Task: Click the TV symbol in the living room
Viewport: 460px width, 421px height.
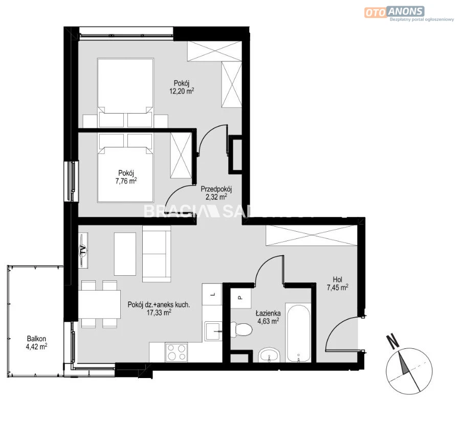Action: coord(83,250)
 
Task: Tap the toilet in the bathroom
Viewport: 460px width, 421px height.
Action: coord(242,329)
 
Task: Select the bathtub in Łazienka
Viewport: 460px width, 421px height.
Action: coord(298,334)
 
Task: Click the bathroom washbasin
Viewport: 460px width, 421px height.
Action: coord(269,355)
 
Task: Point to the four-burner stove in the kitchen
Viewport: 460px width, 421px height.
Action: coord(177,352)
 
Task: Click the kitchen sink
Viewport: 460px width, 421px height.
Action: coord(213,331)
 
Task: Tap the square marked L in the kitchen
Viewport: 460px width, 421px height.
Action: coord(212,295)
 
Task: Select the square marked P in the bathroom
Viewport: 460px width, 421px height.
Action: coord(240,298)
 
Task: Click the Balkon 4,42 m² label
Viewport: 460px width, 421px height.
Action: coord(36,343)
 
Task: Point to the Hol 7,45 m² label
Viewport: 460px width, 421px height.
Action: coord(337,283)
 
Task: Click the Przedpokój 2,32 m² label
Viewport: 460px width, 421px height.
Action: coord(216,193)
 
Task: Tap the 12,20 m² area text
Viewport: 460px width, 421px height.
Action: coord(182,91)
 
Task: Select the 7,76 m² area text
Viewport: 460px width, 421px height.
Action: coord(126,181)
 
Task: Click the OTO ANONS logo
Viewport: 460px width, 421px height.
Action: coord(395,12)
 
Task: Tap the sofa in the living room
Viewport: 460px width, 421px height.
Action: coord(157,254)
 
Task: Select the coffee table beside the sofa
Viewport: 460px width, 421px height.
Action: coord(125,254)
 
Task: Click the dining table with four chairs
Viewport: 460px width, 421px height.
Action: coord(99,304)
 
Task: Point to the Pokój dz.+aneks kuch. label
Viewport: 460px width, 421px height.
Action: coord(159,304)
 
